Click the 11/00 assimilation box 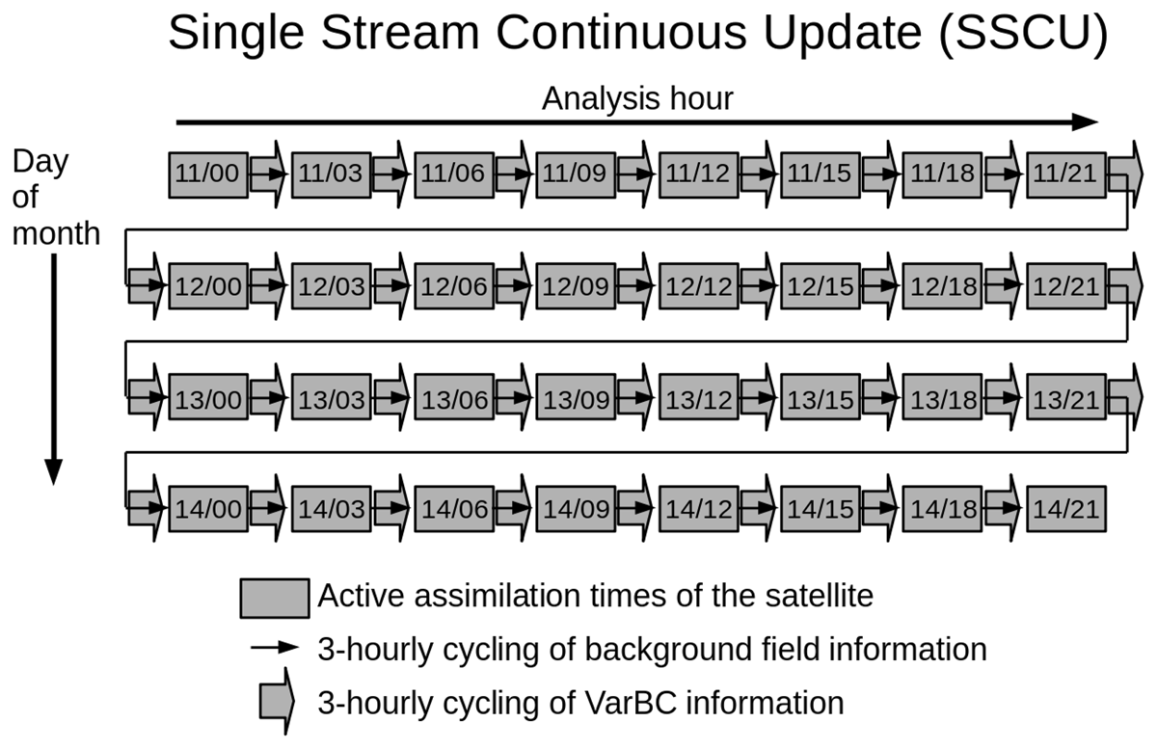tap(208, 174)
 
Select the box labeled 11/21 tap(1066, 174)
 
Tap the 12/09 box tap(576, 286)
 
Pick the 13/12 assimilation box tap(698, 397)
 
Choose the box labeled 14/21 tap(1066, 509)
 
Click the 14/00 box tap(208, 509)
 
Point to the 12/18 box tap(942, 286)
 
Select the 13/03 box tap(331, 397)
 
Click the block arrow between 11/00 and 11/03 tap(268, 174)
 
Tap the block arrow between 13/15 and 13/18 tap(880, 397)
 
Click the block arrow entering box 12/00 tap(147, 286)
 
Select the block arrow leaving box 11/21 tap(1125, 174)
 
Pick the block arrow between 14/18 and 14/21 tap(1003, 509)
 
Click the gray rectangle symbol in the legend tap(275, 599)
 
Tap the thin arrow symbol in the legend tap(275, 647)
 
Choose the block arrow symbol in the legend tap(278, 702)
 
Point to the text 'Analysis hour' tap(637, 98)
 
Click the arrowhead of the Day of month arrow tap(54, 472)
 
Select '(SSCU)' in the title tap(1023, 33)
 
